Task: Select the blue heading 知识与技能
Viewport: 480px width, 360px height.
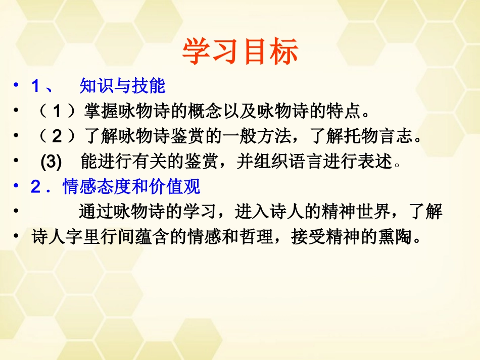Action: (122, 86)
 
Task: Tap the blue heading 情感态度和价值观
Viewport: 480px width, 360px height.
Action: (131, 187)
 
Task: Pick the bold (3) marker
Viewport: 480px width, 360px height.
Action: (51, 162)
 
